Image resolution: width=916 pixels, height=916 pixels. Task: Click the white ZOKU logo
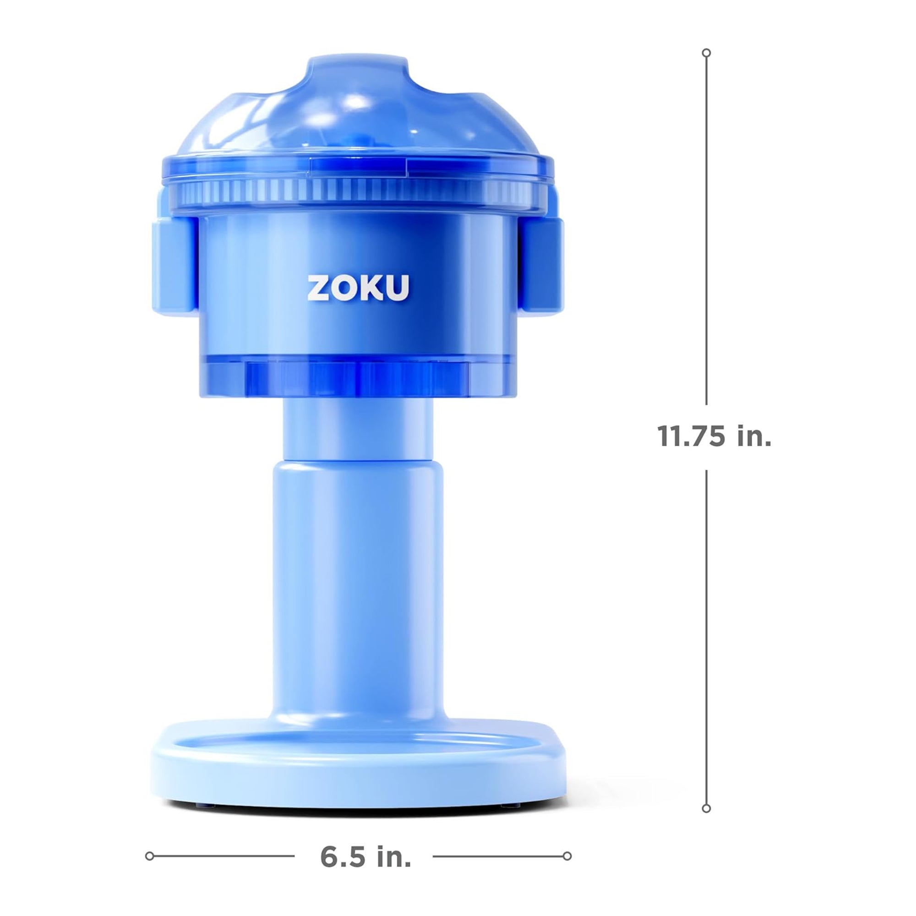point(358,288)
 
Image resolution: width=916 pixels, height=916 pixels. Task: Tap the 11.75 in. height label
point(714,436)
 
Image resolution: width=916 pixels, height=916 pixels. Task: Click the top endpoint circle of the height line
point(706,53)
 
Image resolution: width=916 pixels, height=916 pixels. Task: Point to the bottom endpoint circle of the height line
point(706,808)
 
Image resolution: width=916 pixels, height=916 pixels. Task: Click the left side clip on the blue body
point(174,267)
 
